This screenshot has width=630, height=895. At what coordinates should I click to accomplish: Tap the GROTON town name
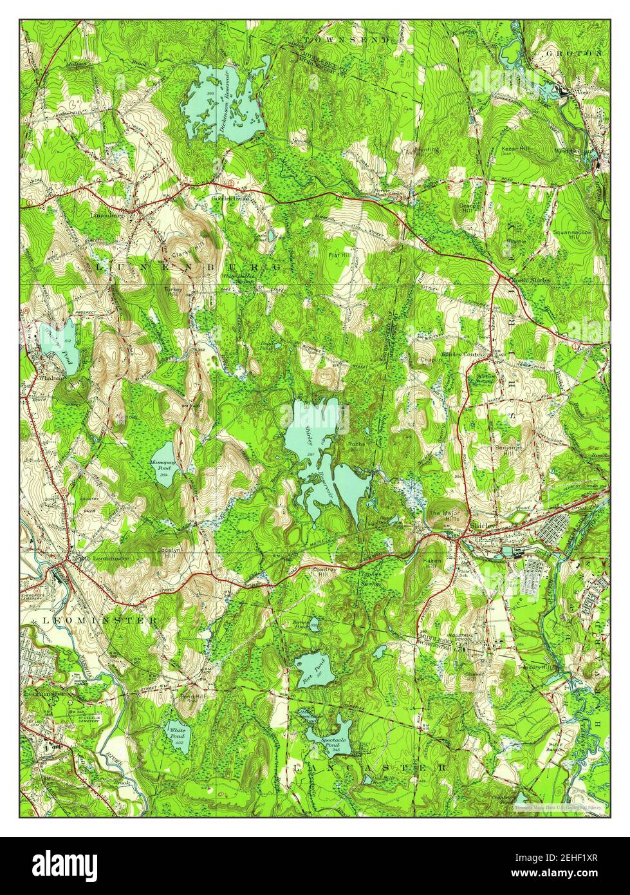pos(575,53)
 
